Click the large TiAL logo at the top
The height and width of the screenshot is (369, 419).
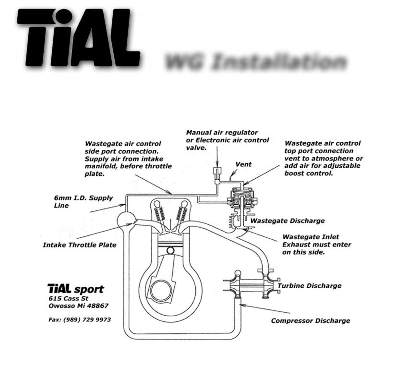(x=78, y=38)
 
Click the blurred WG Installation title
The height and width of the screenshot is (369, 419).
(x=255, y=62)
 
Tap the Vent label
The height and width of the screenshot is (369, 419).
(x=243, y=164)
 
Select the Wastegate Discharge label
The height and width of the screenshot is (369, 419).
(x=287, y=221)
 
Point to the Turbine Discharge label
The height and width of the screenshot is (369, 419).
(x=310, y=286)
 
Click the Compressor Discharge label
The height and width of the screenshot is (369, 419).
(x=310, y=320)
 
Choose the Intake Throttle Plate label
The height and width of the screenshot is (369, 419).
(x=79, y=245)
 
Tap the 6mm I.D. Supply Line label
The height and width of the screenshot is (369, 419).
(x=83, y=202)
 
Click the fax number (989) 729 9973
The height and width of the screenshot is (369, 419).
(x=80, y=320)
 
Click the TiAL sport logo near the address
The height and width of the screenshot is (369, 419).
(x=75, y=289)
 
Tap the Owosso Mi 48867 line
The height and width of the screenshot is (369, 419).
(x=78, y=306)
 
